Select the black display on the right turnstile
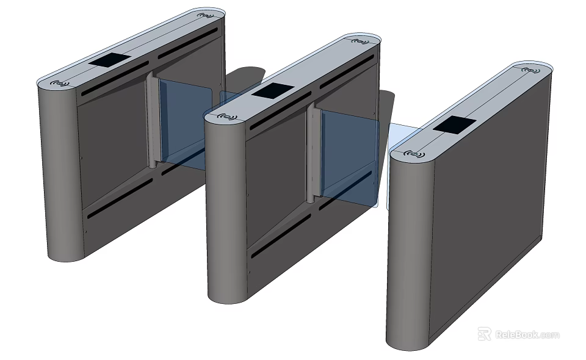tap(455, 125)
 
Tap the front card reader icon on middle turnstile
tap(228, 116)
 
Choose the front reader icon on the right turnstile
tap(415, 153)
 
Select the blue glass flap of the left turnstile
tap(183, 122)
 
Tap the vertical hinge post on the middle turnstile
tap(312, 153)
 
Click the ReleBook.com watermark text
tap(527, 334)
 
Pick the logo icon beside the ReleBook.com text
tap(485, 334)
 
